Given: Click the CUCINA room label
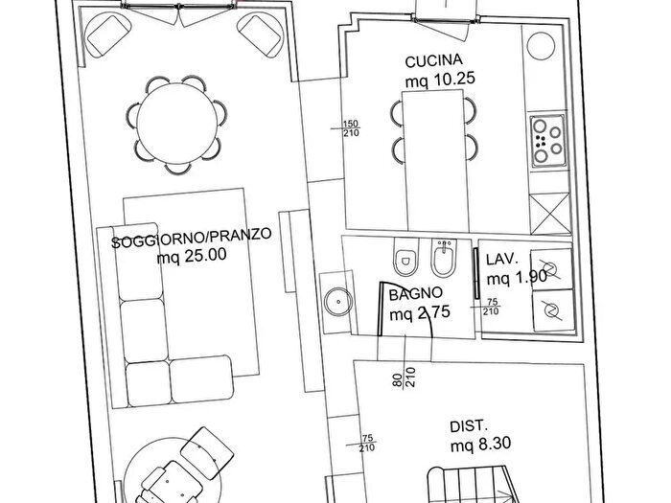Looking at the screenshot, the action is pos(434,60).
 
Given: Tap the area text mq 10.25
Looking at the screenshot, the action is pos(440,80).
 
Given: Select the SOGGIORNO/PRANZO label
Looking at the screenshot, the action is pos(192,238).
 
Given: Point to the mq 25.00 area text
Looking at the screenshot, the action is pos(192,256).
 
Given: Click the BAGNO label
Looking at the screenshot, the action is pos(415,294).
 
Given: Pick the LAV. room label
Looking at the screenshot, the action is pos(502,259).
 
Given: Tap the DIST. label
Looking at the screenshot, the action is pos(469,426).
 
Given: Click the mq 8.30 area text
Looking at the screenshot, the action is pos(480,445).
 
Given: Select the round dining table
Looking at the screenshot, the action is pos(176,124).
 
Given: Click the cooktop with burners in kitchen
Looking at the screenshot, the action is pos(548,141).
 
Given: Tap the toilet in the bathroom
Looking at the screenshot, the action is pos(405,257).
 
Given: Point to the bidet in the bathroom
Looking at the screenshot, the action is pos(445,258).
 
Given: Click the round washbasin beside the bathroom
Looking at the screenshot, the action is pos(338,302).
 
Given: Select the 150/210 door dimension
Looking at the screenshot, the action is pos(351,128).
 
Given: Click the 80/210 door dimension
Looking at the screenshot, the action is pos(404,377).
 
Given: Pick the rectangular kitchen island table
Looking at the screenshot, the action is pos(435,161).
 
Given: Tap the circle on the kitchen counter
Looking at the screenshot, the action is pos(541,46).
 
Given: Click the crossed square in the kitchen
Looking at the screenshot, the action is pos(550,214).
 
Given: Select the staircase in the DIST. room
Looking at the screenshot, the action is pos(473,485).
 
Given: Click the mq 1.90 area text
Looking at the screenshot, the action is pos(517,278).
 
